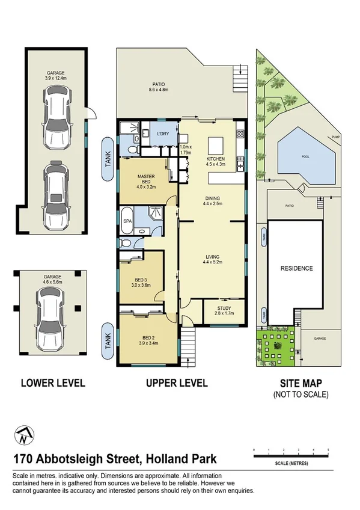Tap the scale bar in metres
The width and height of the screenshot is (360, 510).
click(291, 456)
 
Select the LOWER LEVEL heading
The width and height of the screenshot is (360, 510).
click(53, 382)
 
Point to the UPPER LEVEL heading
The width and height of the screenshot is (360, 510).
click(177, 383)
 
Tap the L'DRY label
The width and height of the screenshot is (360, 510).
click(162, 134)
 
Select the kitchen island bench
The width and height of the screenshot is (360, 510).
click(215, 146)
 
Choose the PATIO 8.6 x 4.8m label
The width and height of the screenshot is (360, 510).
click(159, 87)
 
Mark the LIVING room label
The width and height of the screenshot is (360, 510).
click(212, 259)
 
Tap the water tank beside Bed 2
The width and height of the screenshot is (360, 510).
click(108, 342)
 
